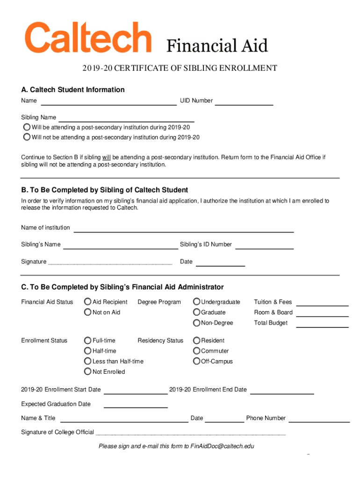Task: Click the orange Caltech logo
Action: click(x=88, y=37)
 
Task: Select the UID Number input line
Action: click(x=244, y=102)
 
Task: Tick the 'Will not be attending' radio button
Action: click(x=27, y=137)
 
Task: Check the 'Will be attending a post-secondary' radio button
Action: click(x=27, y=127)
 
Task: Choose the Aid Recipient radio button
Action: click(x=87, y=302)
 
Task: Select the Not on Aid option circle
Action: click(x=87, y=312)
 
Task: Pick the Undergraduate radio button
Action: click(x=197, y=302)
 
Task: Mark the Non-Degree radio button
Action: click(x=197, y=323)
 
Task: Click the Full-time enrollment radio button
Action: click(x=87, y=340)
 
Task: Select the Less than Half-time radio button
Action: click(x=87, y=361)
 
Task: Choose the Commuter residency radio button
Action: click(x=197, y=351)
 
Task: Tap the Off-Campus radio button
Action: click(x=197, y=361)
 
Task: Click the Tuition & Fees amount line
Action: click(x=323, y=303)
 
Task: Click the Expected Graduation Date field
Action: click(x=136, y=405)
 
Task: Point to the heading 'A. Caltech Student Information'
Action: click(x=72, y=89)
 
